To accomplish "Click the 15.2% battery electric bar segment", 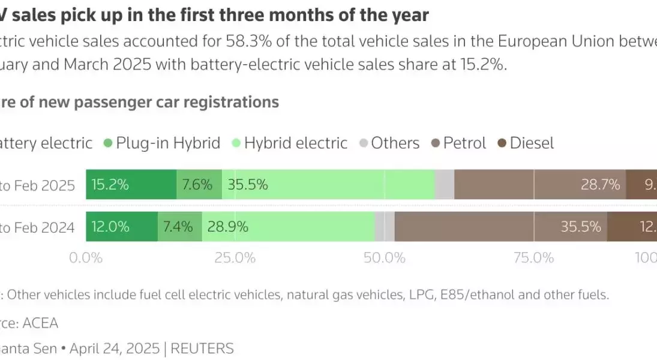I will point(131,185).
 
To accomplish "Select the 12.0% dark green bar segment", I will point(122,227).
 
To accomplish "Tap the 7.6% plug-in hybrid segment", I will point(199,185).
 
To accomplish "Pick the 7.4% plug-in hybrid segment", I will point(180,227).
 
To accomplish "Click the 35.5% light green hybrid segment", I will point(328,185).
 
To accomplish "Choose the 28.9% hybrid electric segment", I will point(288,227).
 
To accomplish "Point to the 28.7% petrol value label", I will point(600,185).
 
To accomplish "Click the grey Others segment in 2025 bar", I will point(445,185).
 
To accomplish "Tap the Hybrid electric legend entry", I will point(289,143).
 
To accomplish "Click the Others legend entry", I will point(389,143).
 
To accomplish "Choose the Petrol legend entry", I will point(459,143).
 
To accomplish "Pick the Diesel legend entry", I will point(525,143).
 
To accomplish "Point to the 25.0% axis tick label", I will point(235,258).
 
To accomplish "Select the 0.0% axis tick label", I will point(86,258).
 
